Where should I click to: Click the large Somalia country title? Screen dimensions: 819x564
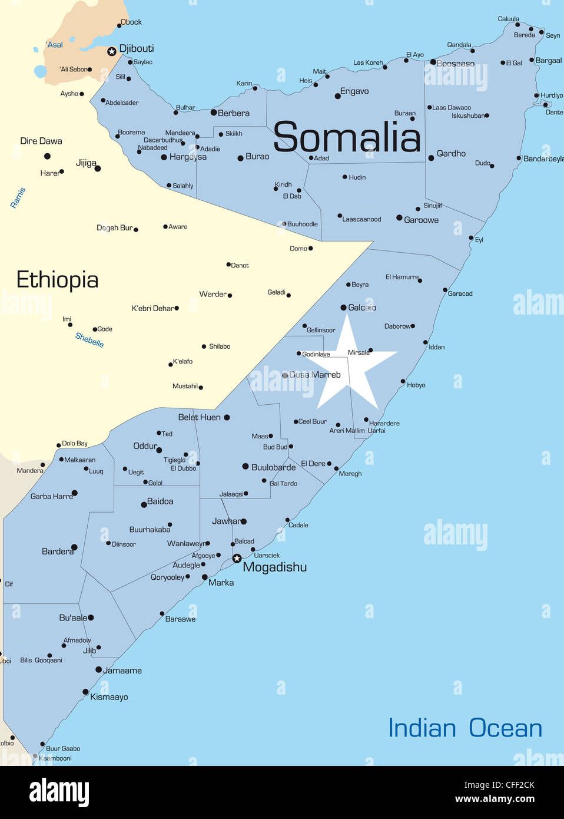(347, 137)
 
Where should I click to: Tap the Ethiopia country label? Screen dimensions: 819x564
(57, 280)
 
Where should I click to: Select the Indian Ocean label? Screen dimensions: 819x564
(465, 728)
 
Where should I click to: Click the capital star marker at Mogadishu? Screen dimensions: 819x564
(237, 558)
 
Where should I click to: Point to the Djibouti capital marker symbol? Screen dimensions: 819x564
(111, 52)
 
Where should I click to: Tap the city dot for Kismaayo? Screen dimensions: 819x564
(85, 692)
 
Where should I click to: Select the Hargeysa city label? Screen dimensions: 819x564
(188, 157)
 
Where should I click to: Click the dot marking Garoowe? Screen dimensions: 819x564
(399, 218)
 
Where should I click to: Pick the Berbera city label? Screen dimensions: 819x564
(234, 113)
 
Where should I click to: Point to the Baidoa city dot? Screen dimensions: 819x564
(144, 504)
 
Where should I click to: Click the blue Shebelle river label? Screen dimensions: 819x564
(89, 340)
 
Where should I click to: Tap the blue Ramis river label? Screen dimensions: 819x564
(18, 197)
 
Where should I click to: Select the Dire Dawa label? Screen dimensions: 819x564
(41, 141)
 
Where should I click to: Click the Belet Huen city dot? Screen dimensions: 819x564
(227, 417)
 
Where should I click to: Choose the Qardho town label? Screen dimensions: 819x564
(451, 153)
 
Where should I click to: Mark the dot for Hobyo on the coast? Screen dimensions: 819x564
(403, 381)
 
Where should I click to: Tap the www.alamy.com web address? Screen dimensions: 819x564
(495, 799)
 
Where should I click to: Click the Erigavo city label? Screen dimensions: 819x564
(354, 91)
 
